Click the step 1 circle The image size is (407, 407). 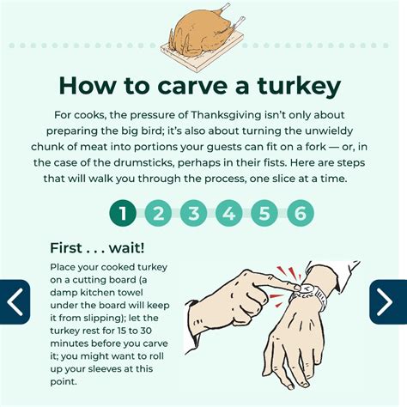123,213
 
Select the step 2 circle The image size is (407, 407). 158,213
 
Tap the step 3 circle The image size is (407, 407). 194,213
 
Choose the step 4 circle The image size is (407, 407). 229,213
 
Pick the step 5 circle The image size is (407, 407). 264,213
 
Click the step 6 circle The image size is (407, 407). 301,213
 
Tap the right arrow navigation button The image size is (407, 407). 388,302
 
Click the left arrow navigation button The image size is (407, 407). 15,302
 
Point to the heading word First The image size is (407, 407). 66,247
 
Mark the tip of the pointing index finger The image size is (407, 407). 300,288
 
